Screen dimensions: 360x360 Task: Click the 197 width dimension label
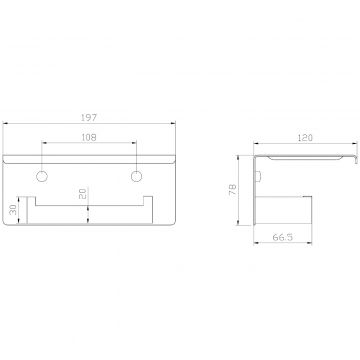tap(89, 118)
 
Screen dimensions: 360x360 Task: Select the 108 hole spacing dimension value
tap(89, 137)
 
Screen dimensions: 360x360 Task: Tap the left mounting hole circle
tap(42, 176)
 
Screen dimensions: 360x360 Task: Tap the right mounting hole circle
tap(136, 176)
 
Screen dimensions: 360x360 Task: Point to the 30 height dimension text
tap(13, 210)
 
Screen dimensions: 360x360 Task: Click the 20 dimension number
tap(83, 194)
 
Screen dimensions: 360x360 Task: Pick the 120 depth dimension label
tap(305, 138)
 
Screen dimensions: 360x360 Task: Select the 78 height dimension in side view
tap(233, 190)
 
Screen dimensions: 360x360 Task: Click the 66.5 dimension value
tap(283, 237)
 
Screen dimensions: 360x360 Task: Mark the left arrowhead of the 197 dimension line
tap(5, 124)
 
